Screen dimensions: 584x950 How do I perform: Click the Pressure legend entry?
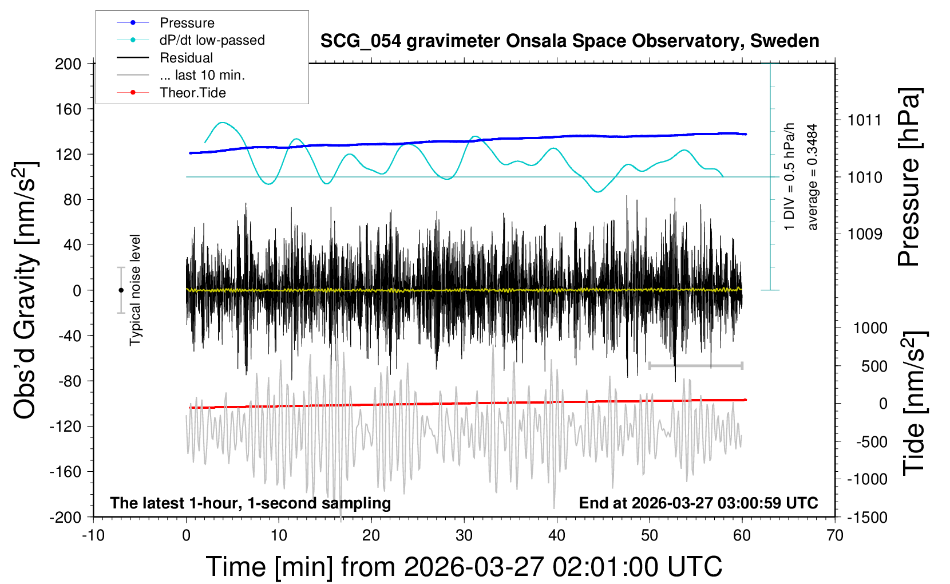pos(187,23)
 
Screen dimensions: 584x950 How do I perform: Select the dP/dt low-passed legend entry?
pos(212,40)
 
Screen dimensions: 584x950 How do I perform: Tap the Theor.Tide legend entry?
pos(192,93)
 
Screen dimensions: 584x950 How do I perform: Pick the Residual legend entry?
pos(186,58)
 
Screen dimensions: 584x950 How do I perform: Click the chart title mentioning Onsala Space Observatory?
pos(569,41)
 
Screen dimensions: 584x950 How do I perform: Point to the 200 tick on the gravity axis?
pos(68,64)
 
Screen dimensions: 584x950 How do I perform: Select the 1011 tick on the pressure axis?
pos(865,120)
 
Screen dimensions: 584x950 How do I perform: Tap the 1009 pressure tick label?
pos(865,234)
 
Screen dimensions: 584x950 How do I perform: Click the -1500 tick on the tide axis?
pos(867,517)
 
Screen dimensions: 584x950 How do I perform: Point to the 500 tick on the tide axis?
pos(874,366)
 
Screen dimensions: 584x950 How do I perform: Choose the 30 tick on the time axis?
pos(464,536)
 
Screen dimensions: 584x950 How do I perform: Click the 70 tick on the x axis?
pos(835,536)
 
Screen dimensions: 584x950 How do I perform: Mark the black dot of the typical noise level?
pos(121,290)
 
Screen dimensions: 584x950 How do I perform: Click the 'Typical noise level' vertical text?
pos(135,290)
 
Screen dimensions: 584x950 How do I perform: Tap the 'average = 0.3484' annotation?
pos(813,177)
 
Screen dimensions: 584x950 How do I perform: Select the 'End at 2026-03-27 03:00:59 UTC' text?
pos(698,503)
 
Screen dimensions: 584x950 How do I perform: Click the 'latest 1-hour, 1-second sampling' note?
pos(251,503)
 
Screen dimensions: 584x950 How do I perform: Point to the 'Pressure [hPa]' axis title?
pos(909,177)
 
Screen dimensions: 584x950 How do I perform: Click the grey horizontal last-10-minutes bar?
pos(695,365)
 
